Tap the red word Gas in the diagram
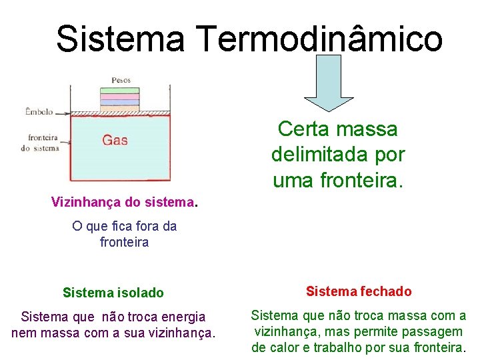click(x=115, y=140)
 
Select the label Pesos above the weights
click(x=121, y=80)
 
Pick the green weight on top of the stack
click(x=120, y=91)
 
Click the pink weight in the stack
click(x=120, y=97)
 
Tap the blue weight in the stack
click(x=120, y=103)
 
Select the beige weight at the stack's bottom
click(x=120, y=109)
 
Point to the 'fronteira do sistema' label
click(x=41, y=143)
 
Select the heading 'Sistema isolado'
click(x=113, y=293)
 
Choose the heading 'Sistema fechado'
click(x=359, y=291)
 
